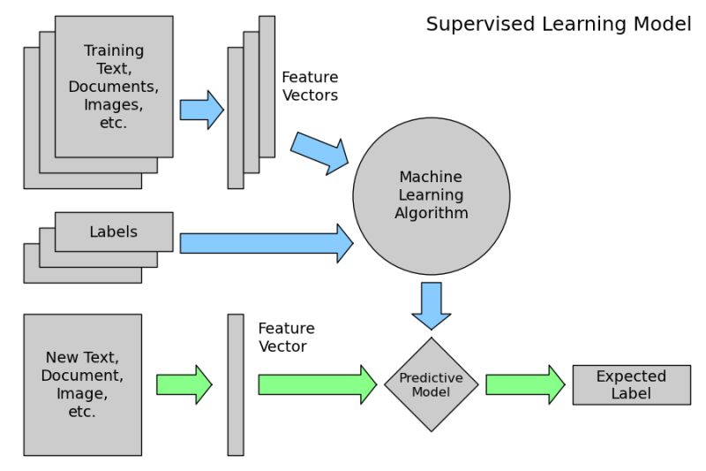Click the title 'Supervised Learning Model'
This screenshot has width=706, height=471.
pos(558,24)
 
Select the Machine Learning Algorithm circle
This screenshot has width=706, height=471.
pos(431,195)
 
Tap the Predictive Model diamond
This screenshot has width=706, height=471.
pos(431,384)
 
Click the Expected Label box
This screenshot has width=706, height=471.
pos(631,384)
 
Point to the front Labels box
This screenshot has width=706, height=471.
pos(114,232)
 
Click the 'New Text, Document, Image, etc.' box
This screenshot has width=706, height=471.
pos(82,384)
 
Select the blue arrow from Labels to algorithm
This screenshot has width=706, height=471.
pos(266,243)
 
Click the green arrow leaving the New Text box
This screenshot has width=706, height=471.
pos(184,384)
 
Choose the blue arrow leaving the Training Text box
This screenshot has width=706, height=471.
pos(201,110)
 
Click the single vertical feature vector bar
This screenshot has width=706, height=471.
pos(236,384)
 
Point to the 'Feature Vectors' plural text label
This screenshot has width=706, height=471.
pos(310,86)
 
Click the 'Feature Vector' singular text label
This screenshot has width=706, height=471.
pos(286,337)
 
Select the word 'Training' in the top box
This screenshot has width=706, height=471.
pos(114,50)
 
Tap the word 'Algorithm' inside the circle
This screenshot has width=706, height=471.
pos(431,213)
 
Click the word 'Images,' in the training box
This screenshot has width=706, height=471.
pos(114,105)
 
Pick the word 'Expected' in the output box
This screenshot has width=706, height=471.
pos(631,376)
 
